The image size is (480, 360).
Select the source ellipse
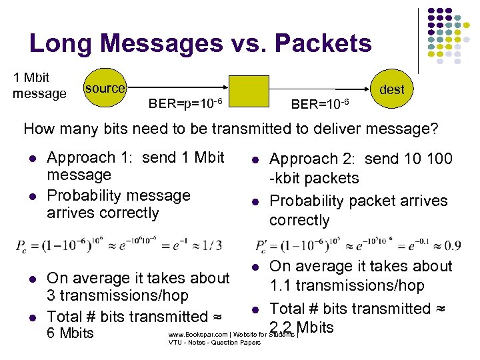pyautogui.click(x=104, y=88)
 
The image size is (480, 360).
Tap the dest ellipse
pyautogui.click(x=391, y=89)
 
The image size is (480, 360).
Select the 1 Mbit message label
pyautogui.click(x=39, y=85)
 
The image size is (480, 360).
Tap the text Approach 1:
pyautogui.click(x=81, y=157)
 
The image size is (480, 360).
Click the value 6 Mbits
pyautogui.click(x=70, y=333)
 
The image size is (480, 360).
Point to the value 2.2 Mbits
pyautogui.click(x=301, y=327)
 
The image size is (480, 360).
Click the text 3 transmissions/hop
pyautogui.click(x=117, y=295)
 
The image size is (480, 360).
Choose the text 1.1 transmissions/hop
pyautogui.click(x=347, y=285)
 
